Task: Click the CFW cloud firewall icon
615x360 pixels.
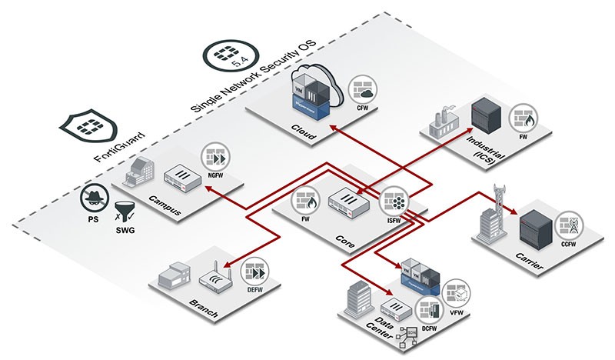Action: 362,90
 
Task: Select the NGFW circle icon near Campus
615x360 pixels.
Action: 215,157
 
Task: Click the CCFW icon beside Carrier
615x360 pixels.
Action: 570,223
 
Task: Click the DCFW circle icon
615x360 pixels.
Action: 427,309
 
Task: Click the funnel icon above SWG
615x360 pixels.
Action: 124,208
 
